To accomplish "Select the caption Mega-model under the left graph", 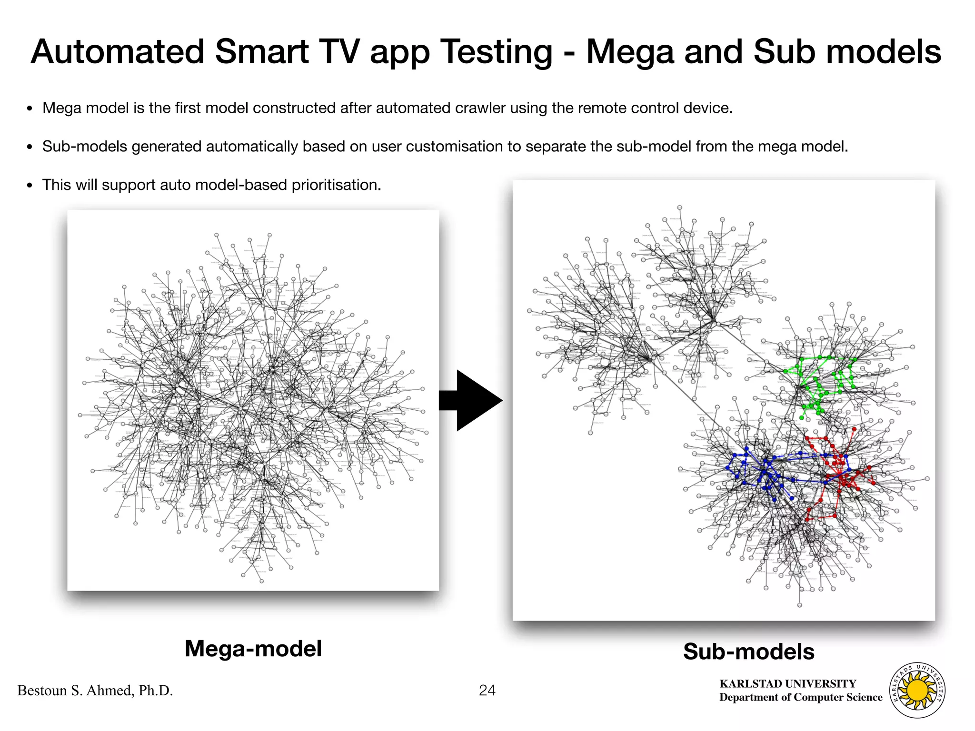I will [x=253, y=649].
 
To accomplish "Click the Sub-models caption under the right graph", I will [x=748, y=652].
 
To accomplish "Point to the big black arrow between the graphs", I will [x=471, y=401].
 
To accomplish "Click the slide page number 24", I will [x=487, y=690].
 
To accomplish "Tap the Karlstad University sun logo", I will [x=917, y=690].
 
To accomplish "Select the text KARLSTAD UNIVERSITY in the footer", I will [x=787, y=684].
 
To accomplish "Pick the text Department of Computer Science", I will [x=801, y=697].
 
